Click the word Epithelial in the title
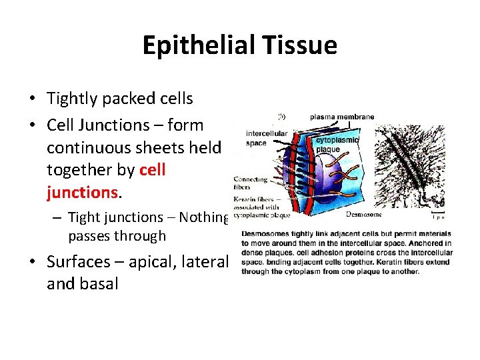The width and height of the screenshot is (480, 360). [195, 45]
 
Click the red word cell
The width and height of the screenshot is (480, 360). [153, 170]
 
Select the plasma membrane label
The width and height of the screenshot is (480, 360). [342, 117]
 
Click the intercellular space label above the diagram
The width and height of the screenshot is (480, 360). [267, 138]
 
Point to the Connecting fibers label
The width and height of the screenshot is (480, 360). [251, 183]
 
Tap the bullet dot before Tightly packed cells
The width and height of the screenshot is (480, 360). [32, 99]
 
